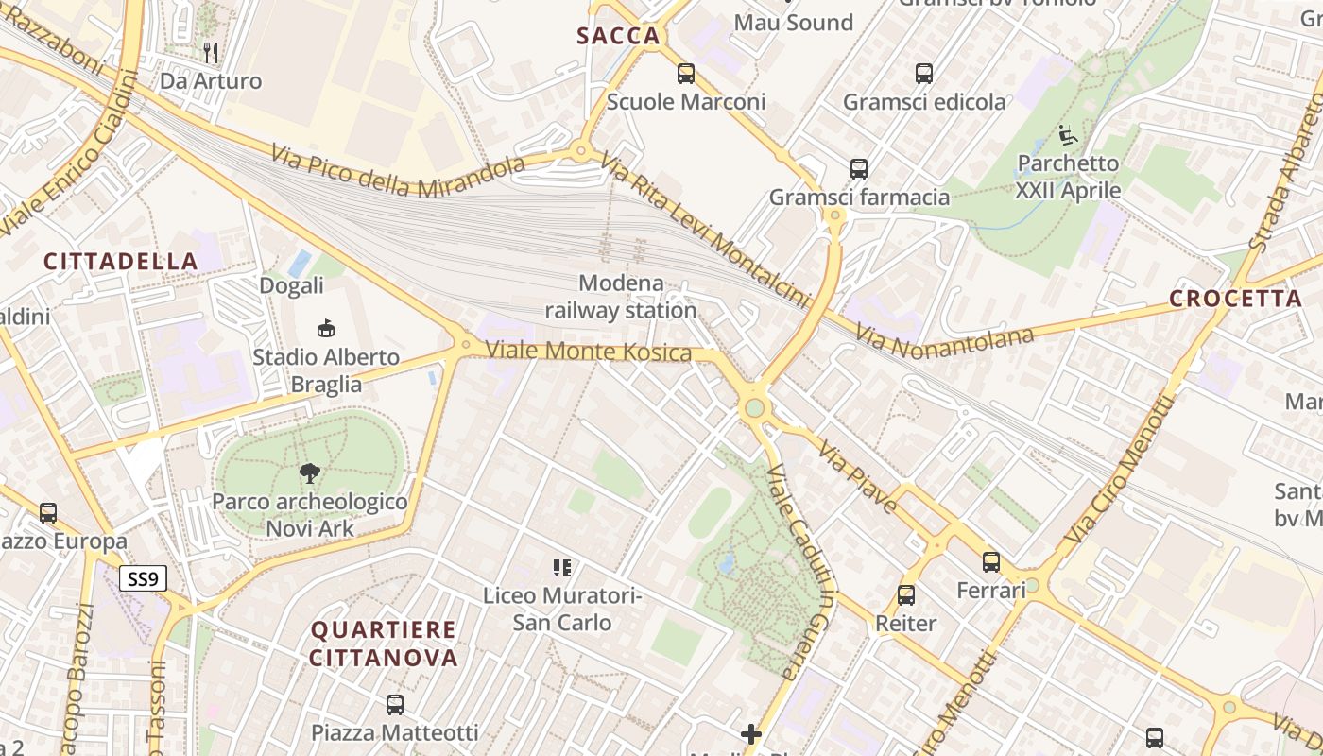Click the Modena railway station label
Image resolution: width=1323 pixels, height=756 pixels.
tap(621, 297)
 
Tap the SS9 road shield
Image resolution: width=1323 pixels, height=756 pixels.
tap(143, 578)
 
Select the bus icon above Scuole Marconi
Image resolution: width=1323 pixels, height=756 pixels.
tap(686, 74)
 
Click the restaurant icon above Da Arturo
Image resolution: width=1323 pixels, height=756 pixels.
tap(211, 53)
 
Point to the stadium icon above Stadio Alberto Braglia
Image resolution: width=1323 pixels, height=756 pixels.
tap(325, 329)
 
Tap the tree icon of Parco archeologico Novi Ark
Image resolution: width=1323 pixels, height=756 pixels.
tap(309, 473)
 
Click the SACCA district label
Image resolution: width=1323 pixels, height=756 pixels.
tap(618, 37)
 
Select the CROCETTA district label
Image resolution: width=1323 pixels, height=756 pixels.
tap(1235, 299)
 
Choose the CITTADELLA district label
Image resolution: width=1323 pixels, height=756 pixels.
tap(121, 262)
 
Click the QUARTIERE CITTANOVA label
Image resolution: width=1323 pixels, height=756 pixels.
tap(384, 644)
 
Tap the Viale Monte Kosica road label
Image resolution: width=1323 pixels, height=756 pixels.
tap(589, 352)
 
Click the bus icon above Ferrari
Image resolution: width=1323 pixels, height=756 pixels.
tap(991, 562)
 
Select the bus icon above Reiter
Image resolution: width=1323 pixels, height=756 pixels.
tap(906, 595)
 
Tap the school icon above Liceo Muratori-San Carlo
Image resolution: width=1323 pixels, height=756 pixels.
tap(562, 568)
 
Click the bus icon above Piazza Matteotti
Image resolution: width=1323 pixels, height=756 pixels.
tap(395, 705)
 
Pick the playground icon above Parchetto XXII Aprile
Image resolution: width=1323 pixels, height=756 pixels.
tap(1068, 135)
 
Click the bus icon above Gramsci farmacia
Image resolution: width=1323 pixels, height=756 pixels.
tap(859, 169)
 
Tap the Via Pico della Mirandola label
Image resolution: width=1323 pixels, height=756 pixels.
tap(397, 170)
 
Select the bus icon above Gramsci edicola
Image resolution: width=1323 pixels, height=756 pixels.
tap(924, 74)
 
